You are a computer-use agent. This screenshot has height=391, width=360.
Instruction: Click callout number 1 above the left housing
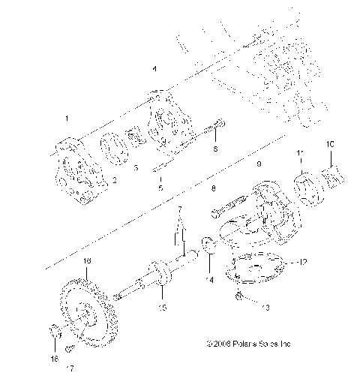click(x=67, y=118)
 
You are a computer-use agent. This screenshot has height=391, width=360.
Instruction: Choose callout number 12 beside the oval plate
click(x=302, y=262)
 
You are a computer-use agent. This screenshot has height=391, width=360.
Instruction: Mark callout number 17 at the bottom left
click(x=72, y=368)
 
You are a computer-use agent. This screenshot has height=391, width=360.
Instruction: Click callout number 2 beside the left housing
click(x=115, y=180)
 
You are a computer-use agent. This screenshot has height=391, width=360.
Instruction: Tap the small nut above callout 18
click(x=55, y=331)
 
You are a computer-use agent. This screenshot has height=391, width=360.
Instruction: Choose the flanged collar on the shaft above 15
click(x=160, y=272)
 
